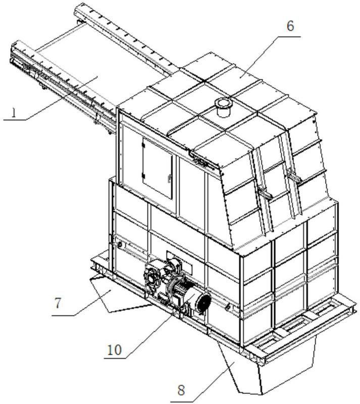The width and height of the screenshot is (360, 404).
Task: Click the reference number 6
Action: click(290, 26)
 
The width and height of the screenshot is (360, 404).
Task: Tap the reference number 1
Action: click(14, 113)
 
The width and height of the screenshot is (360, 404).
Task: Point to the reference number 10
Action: click(114, 350)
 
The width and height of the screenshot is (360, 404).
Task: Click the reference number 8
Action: click(181, 390)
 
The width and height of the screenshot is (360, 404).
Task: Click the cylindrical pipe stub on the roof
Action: click(223, 107)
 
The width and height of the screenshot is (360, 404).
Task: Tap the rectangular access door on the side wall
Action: click(158, 168)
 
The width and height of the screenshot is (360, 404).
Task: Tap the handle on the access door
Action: click(169, 178)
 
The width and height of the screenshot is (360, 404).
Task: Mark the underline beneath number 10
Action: click(115, 358)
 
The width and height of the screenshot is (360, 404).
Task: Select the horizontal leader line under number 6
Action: click(289, 37)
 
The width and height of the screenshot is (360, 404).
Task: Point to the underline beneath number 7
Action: click(64, 315)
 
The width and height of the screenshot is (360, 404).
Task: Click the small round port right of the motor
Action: click(228, 307)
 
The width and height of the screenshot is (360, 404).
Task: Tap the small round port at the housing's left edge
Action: click(120, 245)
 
